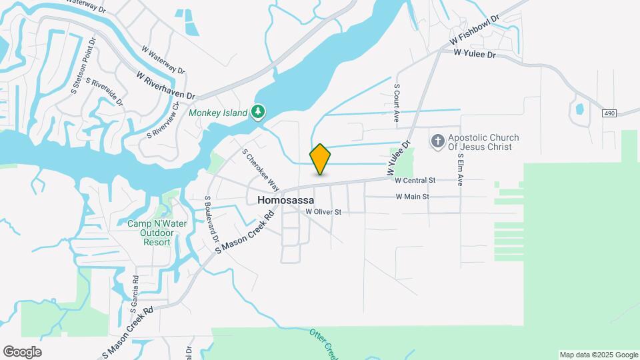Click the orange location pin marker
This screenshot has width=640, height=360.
[x=320, y=159]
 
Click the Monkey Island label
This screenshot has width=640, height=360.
[x=218, y=113]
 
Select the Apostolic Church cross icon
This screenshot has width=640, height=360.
[x=438, y=141]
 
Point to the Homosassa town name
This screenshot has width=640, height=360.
[x=285, y=199]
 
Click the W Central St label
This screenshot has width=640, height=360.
[x=415, y=180]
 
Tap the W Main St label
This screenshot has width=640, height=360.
[x=412, y=197]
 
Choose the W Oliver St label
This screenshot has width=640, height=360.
[x=323, y=212]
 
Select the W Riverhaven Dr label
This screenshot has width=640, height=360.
[x=165, y=87]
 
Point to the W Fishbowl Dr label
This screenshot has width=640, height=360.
[x=475, y=30]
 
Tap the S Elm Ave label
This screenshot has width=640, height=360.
[x=460, y=170]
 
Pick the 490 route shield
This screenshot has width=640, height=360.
[x=609, y=113]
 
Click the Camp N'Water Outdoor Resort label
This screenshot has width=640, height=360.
[x=158, y=233]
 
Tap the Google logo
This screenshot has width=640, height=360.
[x=22, y=352]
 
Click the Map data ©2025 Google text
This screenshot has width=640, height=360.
[x=598, y=355]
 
